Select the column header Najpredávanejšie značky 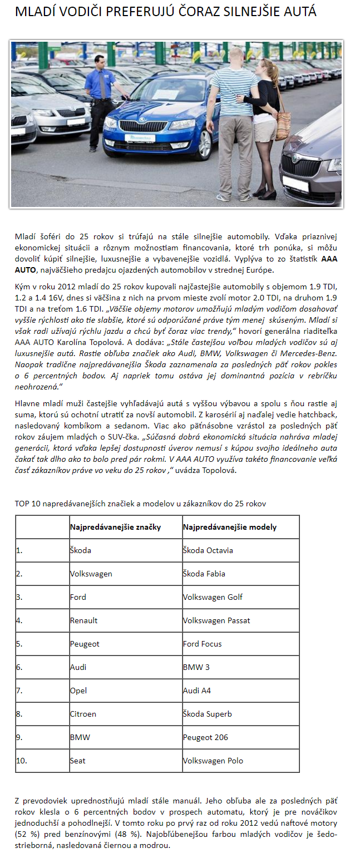coord(115,527)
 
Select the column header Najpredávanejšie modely coord(230,527)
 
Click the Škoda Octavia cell coord(208,550)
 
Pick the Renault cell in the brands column coord(83,620)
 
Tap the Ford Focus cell coord(202,644)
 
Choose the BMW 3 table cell coord(195,667)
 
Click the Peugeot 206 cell coord(205,737)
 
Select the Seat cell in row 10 coord(78,761)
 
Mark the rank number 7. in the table coord(19,691)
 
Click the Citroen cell coord(83,714)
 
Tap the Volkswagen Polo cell coord(213,761)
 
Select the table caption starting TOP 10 coord(140,504)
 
